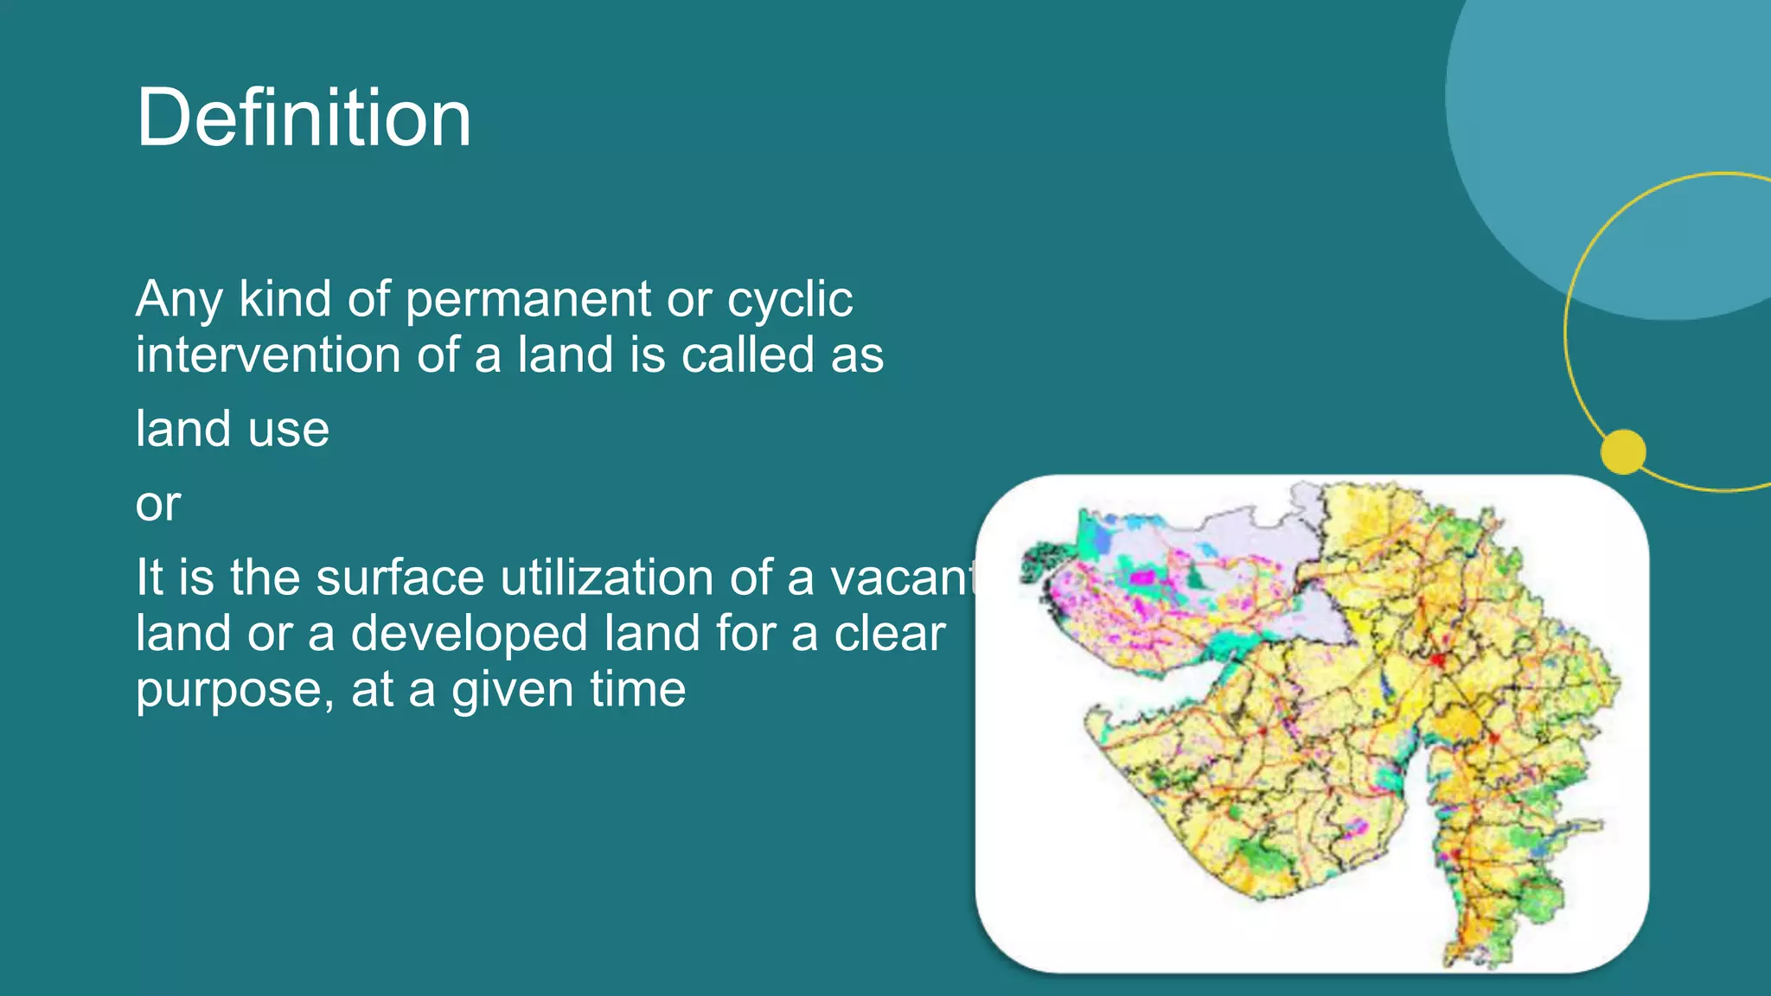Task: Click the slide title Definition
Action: (304, 118)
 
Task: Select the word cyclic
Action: (790, 300)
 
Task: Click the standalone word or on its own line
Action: (157, 503)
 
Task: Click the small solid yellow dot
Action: (1623, 451)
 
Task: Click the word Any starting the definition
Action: (179, 300)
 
